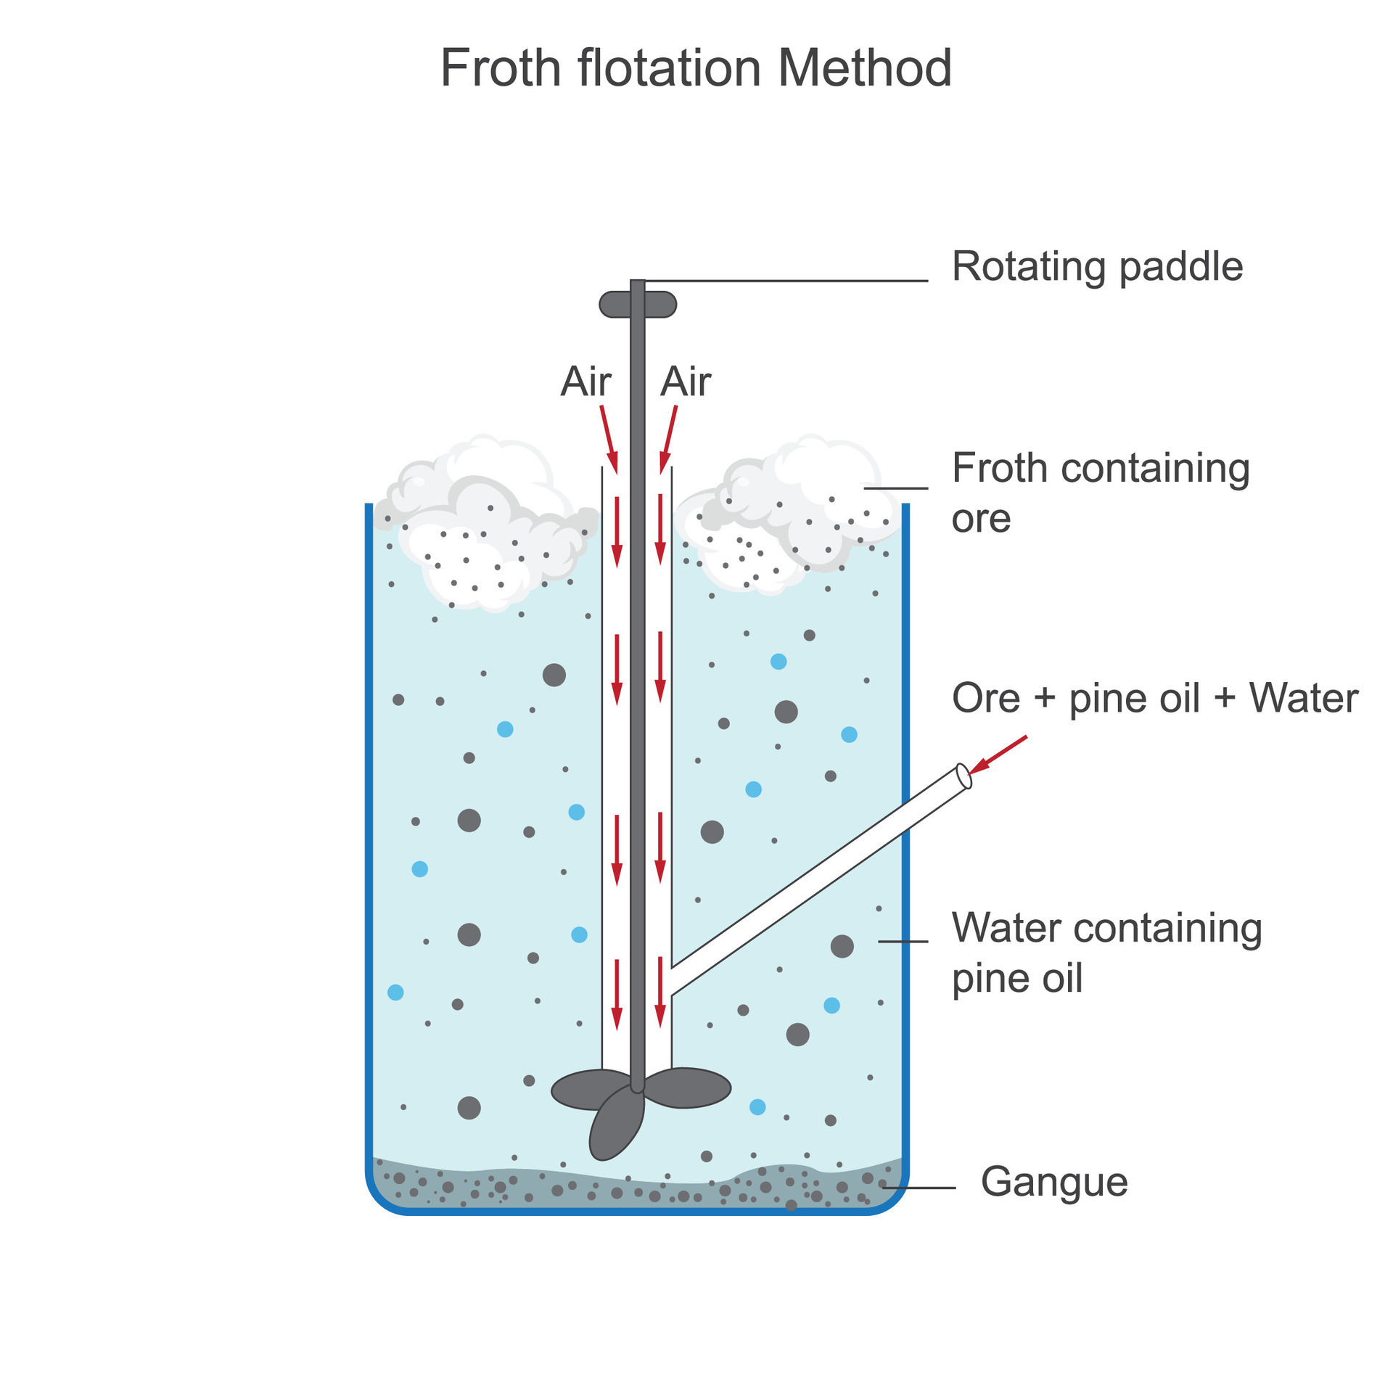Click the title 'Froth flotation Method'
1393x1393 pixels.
(695, 68)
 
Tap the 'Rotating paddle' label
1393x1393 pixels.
(1097, 267)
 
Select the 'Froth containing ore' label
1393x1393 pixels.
(1100, 492)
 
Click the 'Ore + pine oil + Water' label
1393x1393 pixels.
(1154, 698)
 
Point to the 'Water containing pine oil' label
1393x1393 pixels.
(1106, 952)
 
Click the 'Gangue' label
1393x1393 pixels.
(1053, 1181)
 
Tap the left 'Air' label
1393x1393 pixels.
(585, 382)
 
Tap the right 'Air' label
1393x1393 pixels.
(685, 382)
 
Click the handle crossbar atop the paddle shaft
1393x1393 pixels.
(638, 305)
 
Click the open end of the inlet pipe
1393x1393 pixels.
(964, 776)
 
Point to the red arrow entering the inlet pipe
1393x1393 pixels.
(999, 755)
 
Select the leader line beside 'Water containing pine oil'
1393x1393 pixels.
(903, 941)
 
